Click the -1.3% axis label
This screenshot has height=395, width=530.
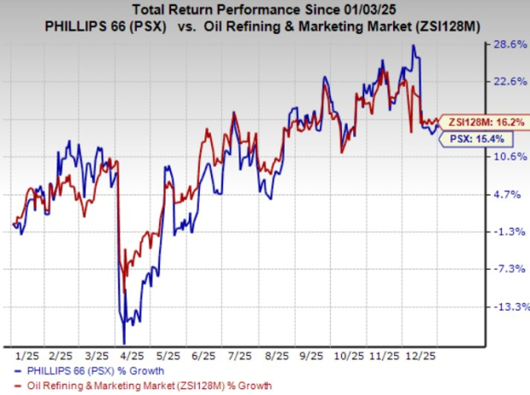point(509,232)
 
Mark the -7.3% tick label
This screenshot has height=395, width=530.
point(509,270)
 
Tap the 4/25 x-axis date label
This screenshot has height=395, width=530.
point(132,354)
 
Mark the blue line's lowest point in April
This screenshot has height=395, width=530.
point(124,341)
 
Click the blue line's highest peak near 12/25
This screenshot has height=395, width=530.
point(415,46)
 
